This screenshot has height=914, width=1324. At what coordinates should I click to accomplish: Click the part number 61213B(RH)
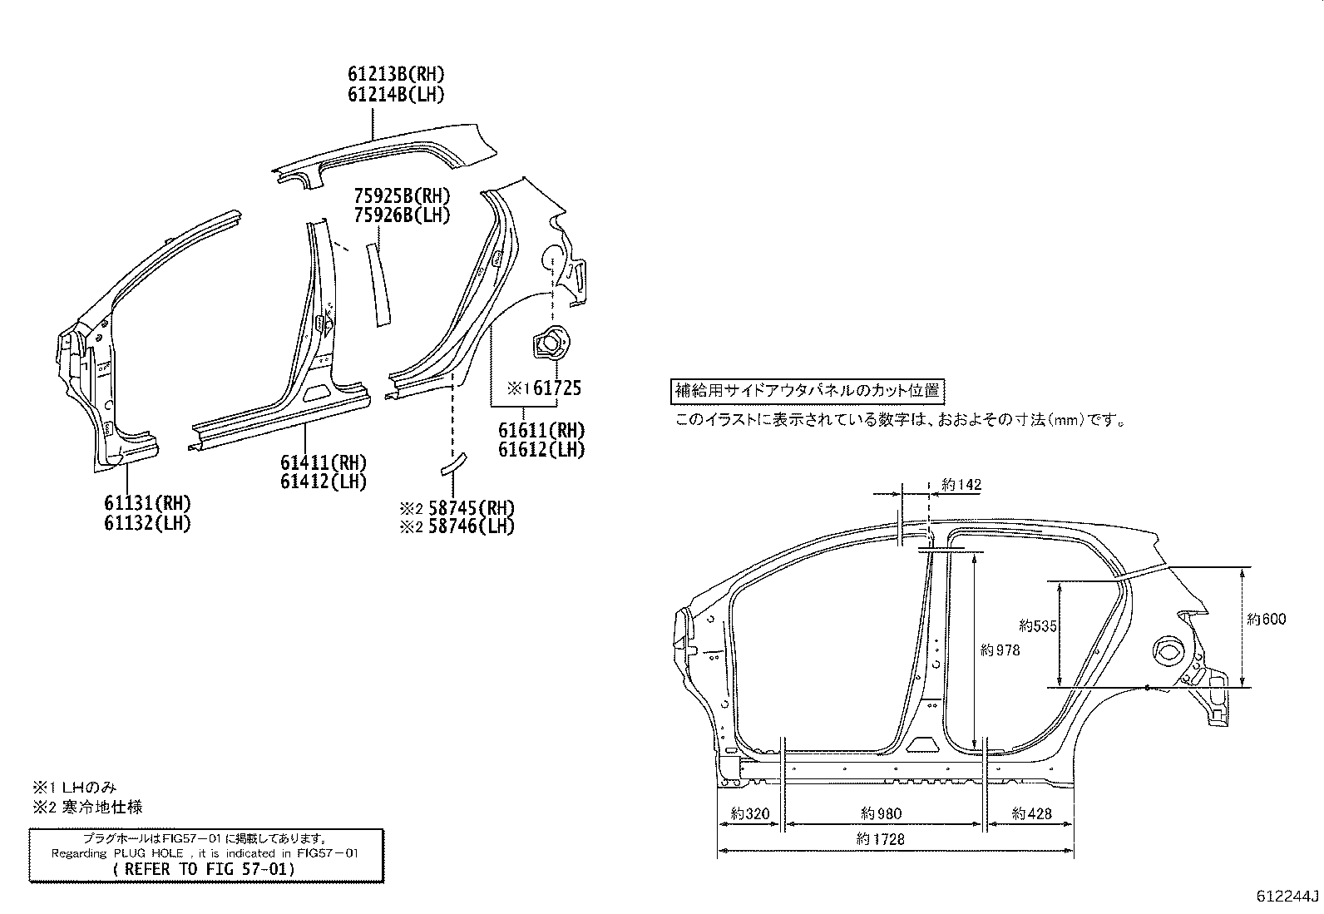pos(396,74)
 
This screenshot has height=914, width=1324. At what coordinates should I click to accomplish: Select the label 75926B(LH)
pos(402,215)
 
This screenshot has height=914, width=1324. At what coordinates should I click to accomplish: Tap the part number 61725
pos(556,388)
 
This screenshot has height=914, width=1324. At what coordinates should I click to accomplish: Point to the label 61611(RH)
pos(541,431)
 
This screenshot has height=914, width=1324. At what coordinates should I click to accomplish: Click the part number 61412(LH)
pos(323,482)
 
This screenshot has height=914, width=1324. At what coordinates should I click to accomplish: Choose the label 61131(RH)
pos(147,503)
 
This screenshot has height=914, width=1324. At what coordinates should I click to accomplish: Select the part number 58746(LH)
pos(471,526)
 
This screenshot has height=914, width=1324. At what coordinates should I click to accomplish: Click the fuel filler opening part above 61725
pos(549,343)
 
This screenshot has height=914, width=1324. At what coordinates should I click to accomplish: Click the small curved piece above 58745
pos(454,462)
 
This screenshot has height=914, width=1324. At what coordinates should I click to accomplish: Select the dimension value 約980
pos(882,814)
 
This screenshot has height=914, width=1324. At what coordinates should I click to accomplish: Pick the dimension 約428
pos(1031,814)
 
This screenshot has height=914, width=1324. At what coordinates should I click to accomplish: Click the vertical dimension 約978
pos(1000,650)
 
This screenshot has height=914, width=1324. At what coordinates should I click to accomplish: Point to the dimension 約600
pos(1266,619)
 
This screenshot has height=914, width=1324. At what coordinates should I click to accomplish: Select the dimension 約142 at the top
pos(961,485)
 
